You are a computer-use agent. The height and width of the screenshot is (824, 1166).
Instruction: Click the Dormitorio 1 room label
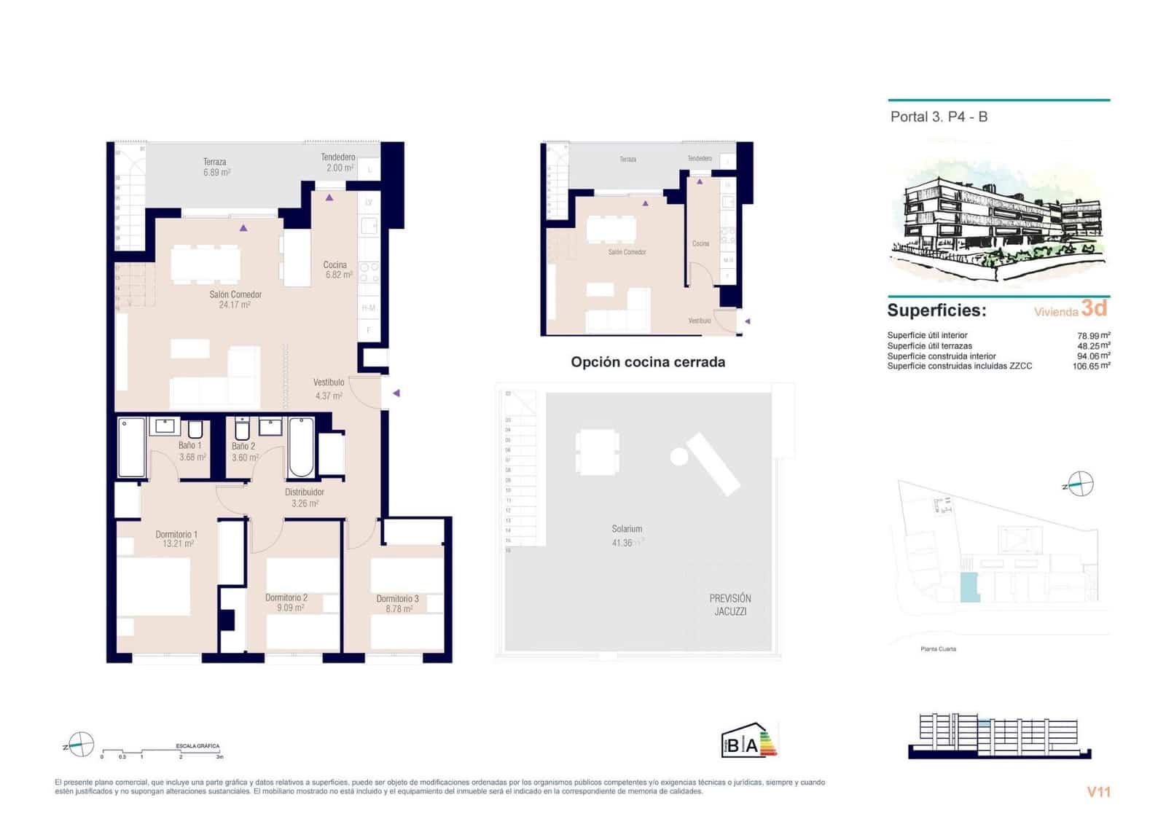(176, 534)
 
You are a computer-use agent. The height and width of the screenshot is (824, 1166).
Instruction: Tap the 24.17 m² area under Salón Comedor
(234, 305)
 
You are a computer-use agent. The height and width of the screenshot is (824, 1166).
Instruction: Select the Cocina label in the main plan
(335, 264)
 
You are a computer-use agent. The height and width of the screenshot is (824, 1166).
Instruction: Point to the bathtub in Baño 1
(132, 447)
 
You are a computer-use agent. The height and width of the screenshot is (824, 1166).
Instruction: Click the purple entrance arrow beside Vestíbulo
(396, 393)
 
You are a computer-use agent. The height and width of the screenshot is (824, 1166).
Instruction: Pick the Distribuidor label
(304, 492)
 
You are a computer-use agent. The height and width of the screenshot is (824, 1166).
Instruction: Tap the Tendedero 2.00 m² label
(338, 162)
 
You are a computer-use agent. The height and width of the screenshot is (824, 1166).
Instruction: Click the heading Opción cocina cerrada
(648, 362)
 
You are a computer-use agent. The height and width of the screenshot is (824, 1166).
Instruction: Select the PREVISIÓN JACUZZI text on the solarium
(730, 605)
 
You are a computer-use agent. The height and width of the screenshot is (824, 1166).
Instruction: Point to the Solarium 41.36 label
(627, 535)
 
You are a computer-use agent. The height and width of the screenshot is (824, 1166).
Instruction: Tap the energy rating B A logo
(748, 741)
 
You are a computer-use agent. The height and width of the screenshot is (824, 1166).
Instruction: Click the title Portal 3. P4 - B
(939, 117)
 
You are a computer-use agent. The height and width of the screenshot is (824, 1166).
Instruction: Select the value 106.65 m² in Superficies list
(1090, 366)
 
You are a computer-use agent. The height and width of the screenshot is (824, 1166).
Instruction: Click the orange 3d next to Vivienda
(1094, 308)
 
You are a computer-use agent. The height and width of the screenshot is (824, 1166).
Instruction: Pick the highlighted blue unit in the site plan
(969, 586)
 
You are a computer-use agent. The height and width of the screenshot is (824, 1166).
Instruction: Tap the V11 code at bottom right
(1098, 792)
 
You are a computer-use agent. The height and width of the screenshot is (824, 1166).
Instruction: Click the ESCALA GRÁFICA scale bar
(162, 750)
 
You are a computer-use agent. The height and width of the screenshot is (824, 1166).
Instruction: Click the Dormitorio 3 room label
(397, 598)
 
